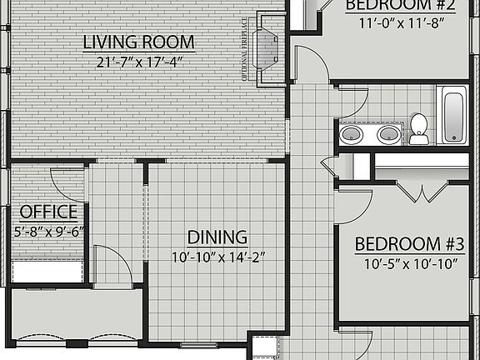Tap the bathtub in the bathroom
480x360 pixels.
click(x=454, y=115)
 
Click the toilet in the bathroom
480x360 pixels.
click(x=418, y=127)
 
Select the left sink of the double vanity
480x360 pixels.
click(x=352, y=133)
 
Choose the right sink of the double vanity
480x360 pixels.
click(x=387, y=133)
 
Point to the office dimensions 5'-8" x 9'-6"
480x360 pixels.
click(x=48, y=232)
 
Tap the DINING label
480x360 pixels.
click(x=217, y=237)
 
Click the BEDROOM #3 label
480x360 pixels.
click(x=409, y=244)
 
